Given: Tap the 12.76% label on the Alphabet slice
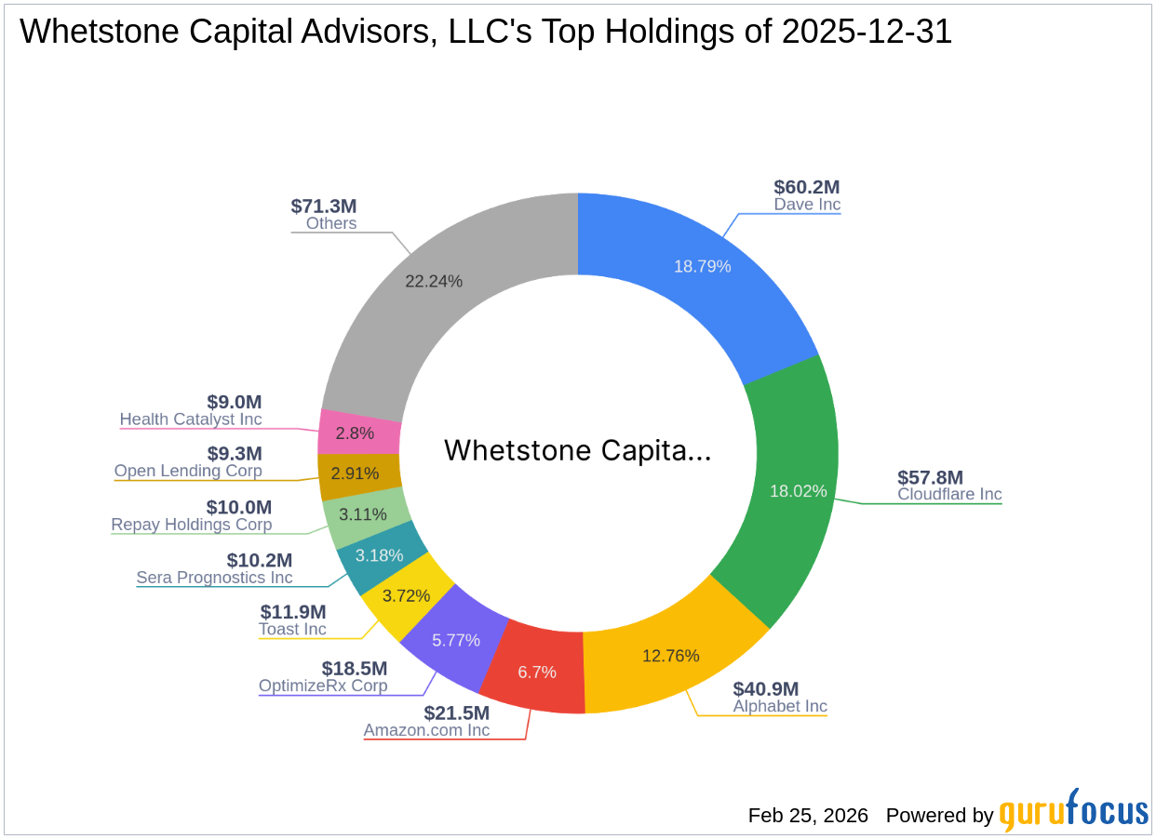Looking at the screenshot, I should pos(670,656).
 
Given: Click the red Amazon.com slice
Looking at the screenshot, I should pos(535,672).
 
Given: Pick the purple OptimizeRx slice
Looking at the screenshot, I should pos(456,640).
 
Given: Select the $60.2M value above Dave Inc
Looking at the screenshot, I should pos(807,187).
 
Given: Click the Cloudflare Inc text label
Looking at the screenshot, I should pos(949,494).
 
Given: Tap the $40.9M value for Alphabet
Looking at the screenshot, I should pos(766,689).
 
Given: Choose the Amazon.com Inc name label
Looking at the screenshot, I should pos(426,730).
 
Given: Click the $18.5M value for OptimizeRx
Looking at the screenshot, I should pos(355,669).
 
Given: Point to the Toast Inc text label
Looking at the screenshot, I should pos(292,629).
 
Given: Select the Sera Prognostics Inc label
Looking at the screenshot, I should pos(214,578).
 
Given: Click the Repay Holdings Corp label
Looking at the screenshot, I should pos(192,525).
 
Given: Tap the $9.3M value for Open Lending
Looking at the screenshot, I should pos(235,454).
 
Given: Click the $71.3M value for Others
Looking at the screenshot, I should pos(324,206).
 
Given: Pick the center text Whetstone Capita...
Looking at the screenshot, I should pos(577,450).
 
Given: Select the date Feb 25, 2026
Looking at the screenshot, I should pos(808,816).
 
